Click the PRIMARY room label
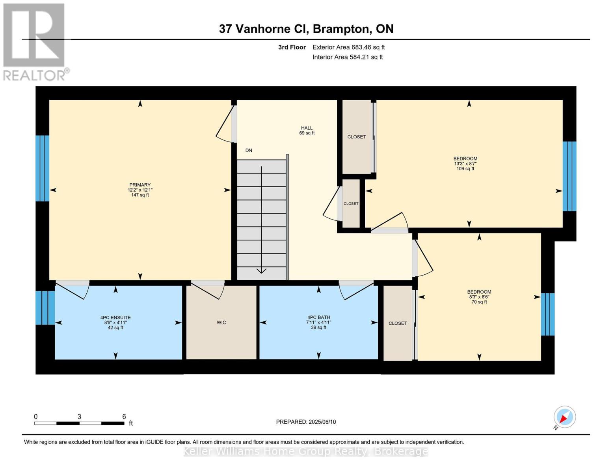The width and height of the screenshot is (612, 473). tap(140, 185)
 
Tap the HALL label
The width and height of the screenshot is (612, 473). tap(307, 128)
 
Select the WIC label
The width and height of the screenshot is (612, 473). tap(221, 322)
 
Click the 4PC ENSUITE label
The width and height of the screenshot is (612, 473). tap(115, 317)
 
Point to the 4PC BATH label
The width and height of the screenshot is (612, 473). tap(318, 317)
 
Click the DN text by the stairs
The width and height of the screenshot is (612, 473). tap(249, 151)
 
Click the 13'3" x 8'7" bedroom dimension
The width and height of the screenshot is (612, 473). tap(465, 164)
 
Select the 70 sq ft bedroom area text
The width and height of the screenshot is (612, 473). tap(479, 302)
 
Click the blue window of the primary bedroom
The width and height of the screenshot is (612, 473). tap(42, 168)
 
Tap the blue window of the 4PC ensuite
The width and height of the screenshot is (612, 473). tap(45, 308)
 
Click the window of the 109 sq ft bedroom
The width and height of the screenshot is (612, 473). tap(569, 176)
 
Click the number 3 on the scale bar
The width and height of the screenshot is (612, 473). tap(80, 417)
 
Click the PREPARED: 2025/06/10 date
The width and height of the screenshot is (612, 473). tap(306, 422)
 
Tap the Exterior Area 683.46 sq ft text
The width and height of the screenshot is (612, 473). tap(349, 47)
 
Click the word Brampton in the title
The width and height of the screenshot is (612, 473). tap(340, 29)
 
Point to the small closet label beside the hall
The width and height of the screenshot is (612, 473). tap(351, 203)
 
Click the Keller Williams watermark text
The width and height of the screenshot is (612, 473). tap(306, 451)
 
